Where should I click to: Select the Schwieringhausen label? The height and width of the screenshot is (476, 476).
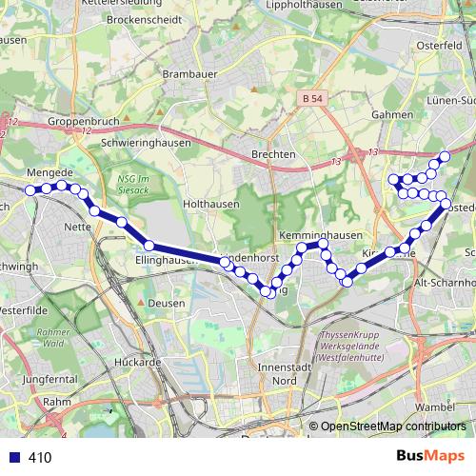tap(147, 142)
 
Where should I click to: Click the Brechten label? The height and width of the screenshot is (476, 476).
tap(274, 154)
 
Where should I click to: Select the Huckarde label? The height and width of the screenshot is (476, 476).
tap(134, 362)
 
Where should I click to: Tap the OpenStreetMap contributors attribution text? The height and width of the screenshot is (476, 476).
tap(392, 427)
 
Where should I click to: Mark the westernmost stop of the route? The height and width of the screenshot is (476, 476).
tap(30, 190)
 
